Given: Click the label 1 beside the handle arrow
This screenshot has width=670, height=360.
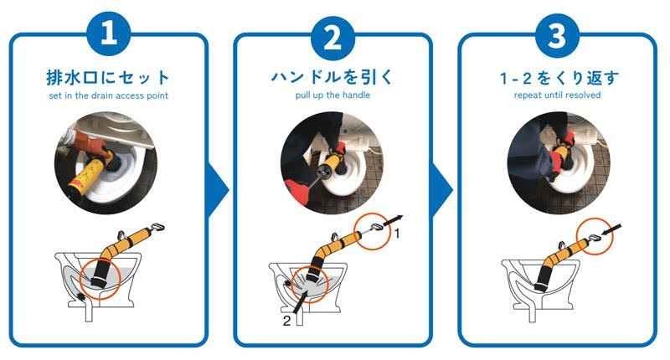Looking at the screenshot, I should click(398, 235).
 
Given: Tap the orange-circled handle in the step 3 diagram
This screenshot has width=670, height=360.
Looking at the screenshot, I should click(595, 238).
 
